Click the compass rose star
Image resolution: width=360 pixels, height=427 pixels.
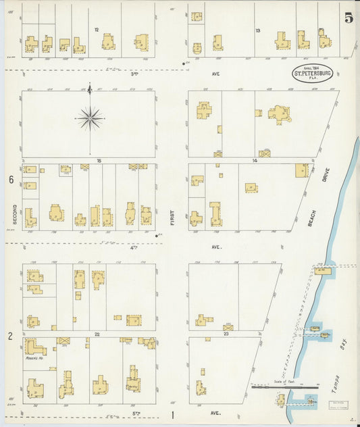tap(90, 119)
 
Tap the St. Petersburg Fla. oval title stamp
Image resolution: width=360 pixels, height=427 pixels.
tap(312, 74)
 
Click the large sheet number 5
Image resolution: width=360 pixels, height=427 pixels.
tap(348, 18)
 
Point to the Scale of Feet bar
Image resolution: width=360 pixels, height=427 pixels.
tap(285, 386)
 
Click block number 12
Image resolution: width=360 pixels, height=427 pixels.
tap(97, 30)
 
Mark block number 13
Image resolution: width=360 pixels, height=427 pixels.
tap(257, 30)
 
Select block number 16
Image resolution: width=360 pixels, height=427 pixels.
tap(98, 161)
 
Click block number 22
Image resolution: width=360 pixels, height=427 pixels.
tap(97, 334)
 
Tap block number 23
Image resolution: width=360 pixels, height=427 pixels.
tap(227, 334)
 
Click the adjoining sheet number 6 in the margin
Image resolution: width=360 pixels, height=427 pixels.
tap(11, 180)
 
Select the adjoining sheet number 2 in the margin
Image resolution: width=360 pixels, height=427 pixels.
tap(10, 336)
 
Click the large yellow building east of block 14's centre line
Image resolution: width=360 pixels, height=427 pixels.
tap(279, 114)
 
